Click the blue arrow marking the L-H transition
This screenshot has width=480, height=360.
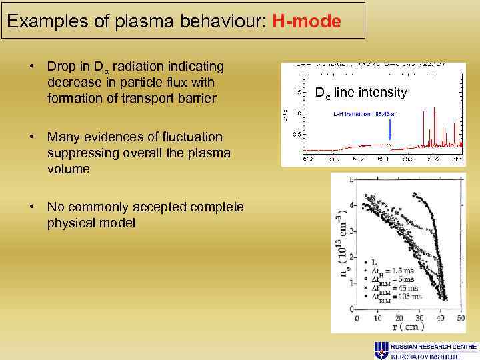point(389,134)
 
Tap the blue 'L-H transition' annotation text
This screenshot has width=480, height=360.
point(365,114)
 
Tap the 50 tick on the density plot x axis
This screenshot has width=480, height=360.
point(460,319)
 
